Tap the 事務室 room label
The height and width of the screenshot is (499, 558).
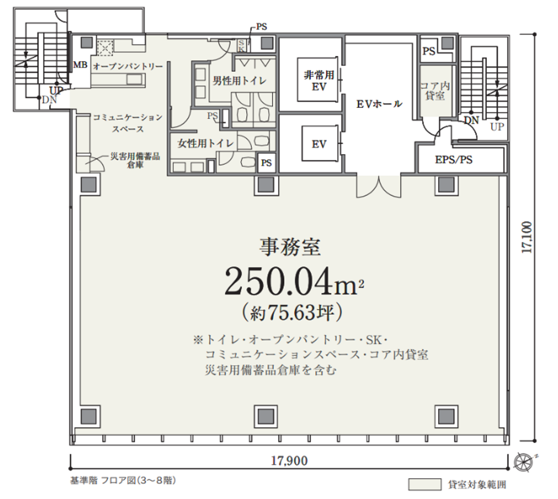click(290, 247)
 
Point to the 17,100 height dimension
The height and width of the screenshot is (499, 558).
click(526, 237)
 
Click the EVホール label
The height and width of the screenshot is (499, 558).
click(379, 104)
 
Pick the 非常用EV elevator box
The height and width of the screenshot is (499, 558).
click(318, 80)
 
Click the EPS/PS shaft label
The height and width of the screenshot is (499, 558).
click(454, 160)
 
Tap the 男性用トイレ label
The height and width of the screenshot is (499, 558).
click(239, 81)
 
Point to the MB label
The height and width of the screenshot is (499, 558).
click(80, 65)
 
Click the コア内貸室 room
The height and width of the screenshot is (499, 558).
click(435, 91)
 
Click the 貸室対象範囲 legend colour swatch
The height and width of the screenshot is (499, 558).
click(425, 485)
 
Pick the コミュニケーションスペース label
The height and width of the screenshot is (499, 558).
click(128, 123)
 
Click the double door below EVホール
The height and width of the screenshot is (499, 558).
click(379, 187)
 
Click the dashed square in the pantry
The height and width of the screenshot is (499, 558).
click(105, 48)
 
